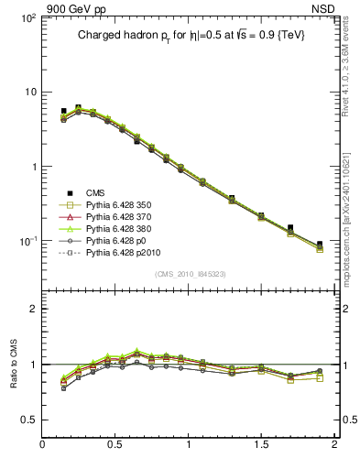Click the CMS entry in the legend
point(96,193)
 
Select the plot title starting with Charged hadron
point(190,34)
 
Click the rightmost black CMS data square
point(320,245)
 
